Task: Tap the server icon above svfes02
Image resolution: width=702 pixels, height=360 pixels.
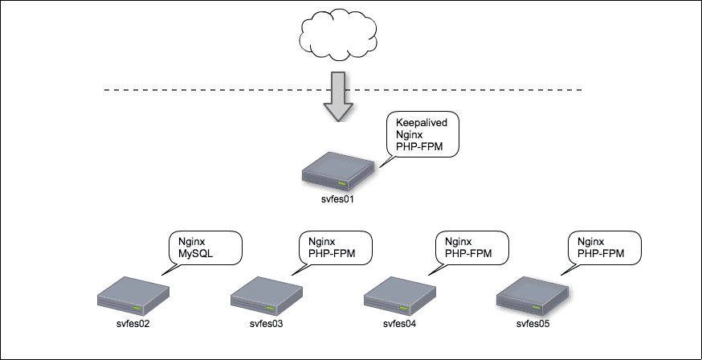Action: [133, 297]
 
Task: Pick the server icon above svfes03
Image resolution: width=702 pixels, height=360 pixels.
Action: [265, 297]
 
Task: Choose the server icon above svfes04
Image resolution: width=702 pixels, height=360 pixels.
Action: [399, 297]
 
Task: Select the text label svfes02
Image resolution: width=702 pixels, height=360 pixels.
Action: [133, 325]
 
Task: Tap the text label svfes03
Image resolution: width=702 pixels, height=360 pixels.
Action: [265, 325]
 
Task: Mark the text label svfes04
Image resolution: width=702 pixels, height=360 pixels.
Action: [399, 325]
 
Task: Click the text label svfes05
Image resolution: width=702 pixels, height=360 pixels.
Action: [533, 325]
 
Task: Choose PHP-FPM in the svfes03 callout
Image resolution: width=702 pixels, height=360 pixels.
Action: [331, 254]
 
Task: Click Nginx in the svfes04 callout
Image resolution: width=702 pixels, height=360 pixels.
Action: [458, 241]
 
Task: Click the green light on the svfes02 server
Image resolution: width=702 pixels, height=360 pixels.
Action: [150, 306]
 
